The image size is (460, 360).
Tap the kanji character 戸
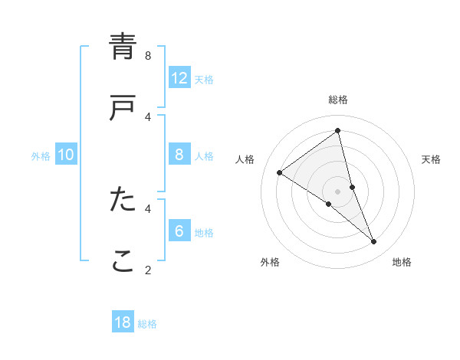point(123,108)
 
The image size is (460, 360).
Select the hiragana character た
point(123,199)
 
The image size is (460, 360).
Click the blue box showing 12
point(179,77)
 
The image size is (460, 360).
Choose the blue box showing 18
point(123,322)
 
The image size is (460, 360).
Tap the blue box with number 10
point(66,155)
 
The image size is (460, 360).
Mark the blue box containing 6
point(179,231)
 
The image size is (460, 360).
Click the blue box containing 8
point(179,155)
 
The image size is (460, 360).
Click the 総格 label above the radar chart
point(338,100)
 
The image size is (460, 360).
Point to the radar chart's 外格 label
point(270,262)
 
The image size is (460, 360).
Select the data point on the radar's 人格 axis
point(280,172)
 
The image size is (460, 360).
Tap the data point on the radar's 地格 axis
point(374,242)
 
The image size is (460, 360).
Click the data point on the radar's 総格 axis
point(338,131)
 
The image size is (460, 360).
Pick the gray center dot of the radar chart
point(338,191)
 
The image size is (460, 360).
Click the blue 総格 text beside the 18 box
point(148,324)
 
